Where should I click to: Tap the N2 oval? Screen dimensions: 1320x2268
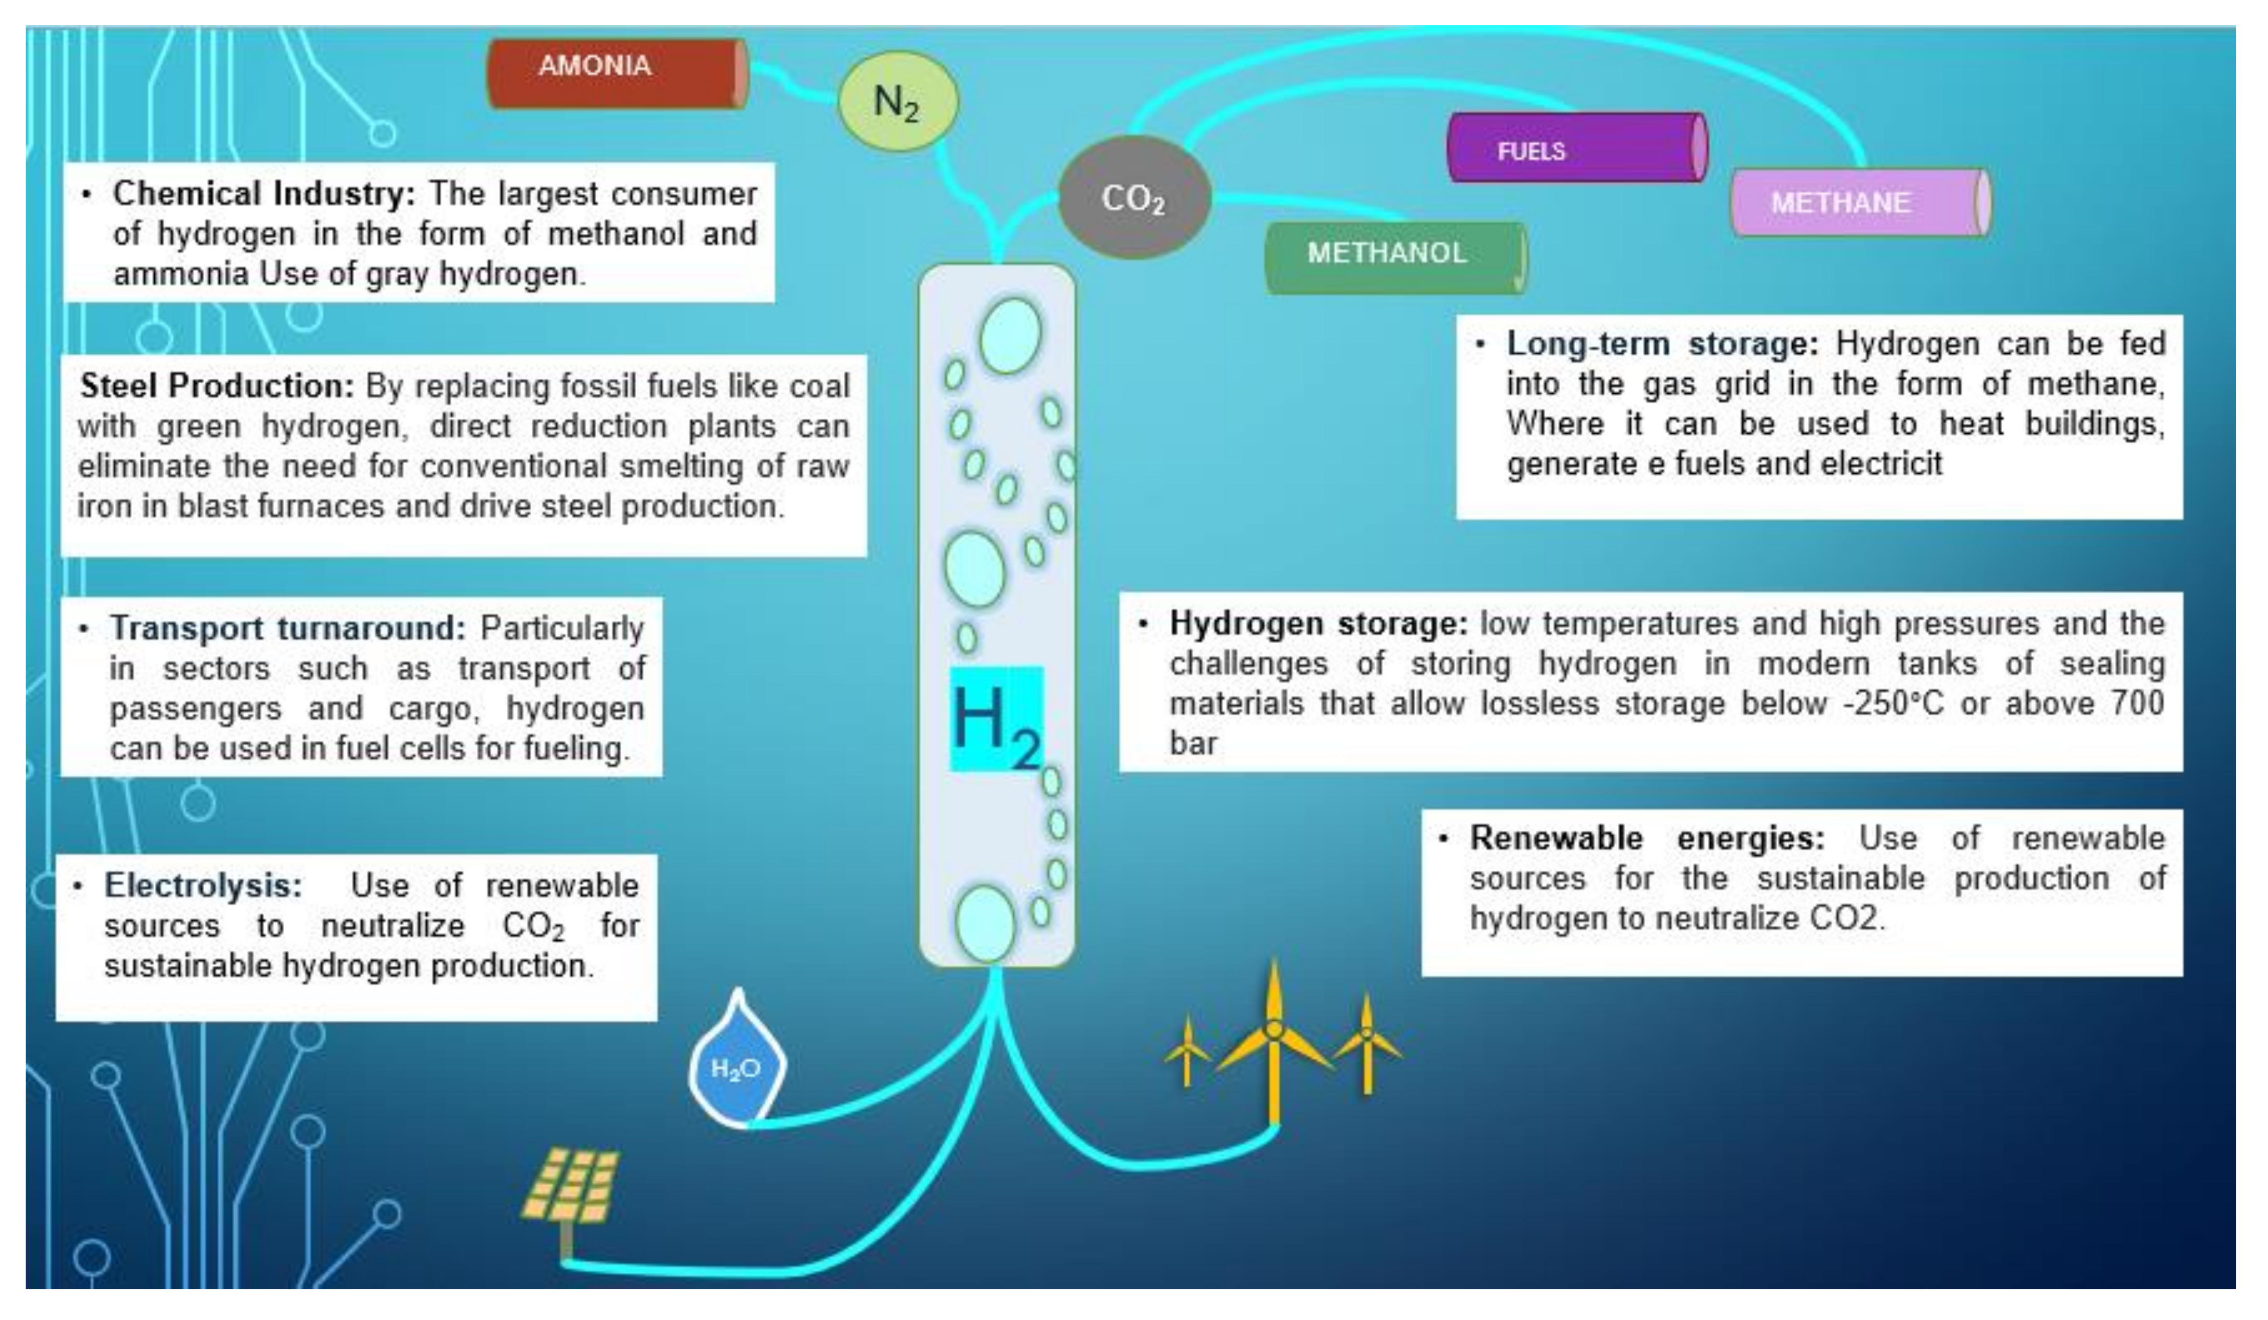[x=897, y=101]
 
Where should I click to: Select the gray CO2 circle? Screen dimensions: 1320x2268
[x=1134, y=198]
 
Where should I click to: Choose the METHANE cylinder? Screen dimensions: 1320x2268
[x=1859, y=203]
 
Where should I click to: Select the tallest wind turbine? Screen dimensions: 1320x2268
[x=1273, y=1045]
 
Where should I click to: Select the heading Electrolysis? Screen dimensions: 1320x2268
[x=203, y=885]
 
